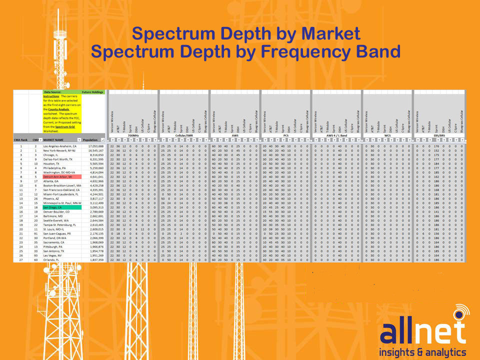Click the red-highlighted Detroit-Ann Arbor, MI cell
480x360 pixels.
pyautogui.click(x=61, y=177)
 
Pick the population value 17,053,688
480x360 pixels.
pyautogui.click(x=93, y=146)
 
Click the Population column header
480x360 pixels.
pyautogui.click(x=90, y=140)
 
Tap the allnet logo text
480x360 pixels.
pyautogui.click(x=422, y=332)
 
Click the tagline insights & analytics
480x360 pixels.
pyautogui.click(x=422, y=352)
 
